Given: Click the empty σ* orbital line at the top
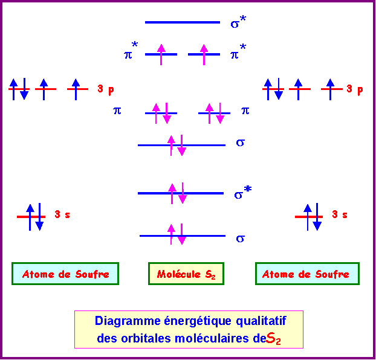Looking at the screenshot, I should [x=182, y=22].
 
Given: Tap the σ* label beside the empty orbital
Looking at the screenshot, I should [x=238, y=24].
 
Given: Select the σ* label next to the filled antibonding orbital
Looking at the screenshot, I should [x=242, y=193].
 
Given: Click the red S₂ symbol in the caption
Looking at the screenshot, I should [x=274, y=338].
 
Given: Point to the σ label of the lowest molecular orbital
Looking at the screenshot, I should [x=240, y=239].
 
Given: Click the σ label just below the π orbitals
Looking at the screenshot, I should [x=240, y=143].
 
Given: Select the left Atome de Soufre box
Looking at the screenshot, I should [x=65, y=274].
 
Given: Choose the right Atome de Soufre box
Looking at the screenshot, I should [x=306, y=274].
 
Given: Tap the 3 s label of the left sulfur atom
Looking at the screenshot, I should [x=62, y=214].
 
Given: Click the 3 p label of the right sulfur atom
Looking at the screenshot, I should [x=355, y=89].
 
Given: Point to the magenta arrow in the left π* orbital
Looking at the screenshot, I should [x=161, y=54].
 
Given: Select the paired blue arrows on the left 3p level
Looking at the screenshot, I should [x=19, y=89].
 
